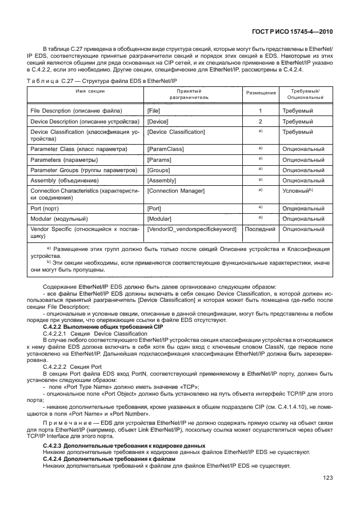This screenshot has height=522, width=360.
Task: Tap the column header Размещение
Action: click(x=261, y=93)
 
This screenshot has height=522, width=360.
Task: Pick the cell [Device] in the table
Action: click(x=157, y=122)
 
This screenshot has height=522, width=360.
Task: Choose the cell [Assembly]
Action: click(x=161, y=180)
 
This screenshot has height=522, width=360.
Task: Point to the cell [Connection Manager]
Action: click(x=175, y=190)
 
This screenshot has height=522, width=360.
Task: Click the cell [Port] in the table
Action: click(x=154, y=209)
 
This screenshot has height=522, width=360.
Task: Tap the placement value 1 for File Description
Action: click(x=261, y=110)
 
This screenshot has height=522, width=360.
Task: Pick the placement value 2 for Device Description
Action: click(x=261, y=122)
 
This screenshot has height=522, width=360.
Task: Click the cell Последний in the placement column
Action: click(x=261, y=229)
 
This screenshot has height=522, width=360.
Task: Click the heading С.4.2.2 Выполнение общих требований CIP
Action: click(x=94, y=326)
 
